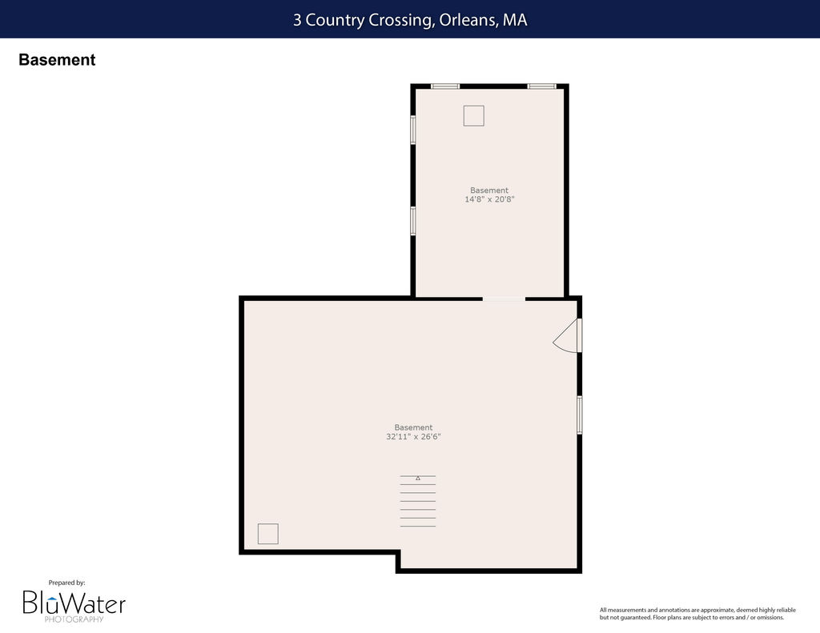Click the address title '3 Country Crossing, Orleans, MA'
point(410,20)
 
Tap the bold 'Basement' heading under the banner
point(57,59)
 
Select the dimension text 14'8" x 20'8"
point(489,199)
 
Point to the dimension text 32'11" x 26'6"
point(413,436)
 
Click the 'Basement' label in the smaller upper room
point(489,190)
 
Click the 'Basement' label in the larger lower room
point(413,427)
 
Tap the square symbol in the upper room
point(474,115)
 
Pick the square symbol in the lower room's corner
point(267,534)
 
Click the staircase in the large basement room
point(418,501)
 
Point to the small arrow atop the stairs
point(418,478)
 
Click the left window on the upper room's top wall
point(445,86)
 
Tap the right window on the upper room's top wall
point(541,86)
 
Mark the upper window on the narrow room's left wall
point(412,130)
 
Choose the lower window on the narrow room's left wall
point(412,221)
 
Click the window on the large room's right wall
point(580,415)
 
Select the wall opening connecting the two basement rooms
point(504,298)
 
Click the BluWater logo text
point(74,603)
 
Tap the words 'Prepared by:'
point(67,583)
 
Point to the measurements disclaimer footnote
point(697,614)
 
